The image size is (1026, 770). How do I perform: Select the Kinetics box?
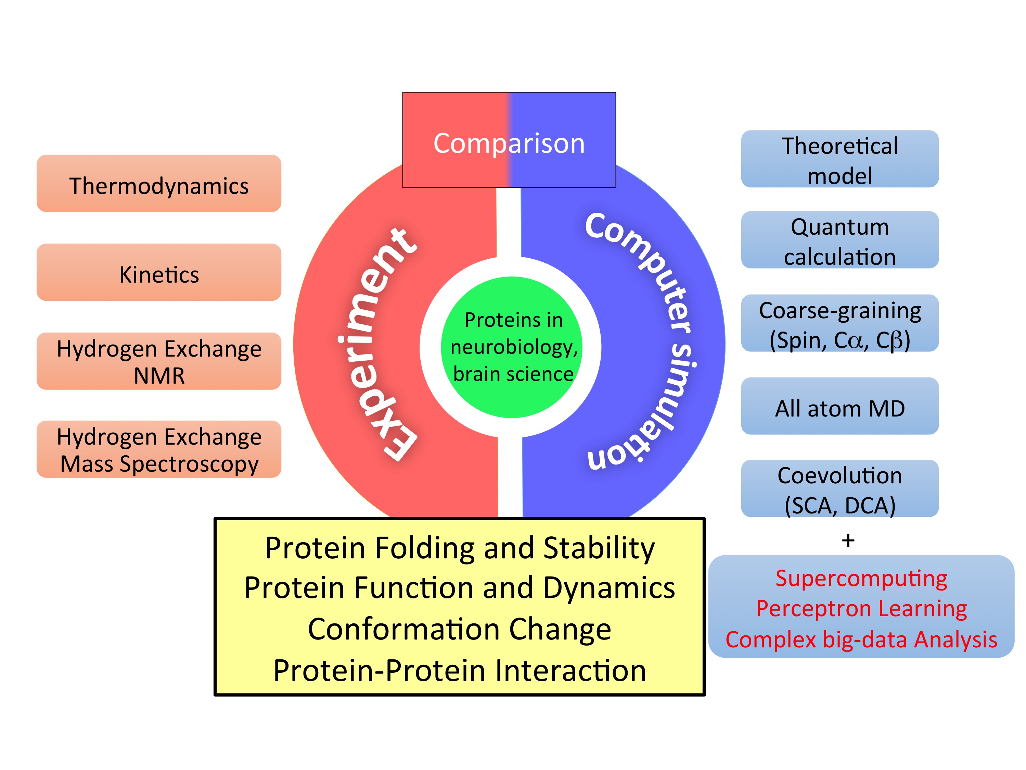pos(159,272)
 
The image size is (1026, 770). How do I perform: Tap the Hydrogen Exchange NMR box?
pos(159,361)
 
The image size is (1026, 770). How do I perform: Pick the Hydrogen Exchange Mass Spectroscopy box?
pos(159,449)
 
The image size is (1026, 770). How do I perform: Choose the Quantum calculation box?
pos(839,240)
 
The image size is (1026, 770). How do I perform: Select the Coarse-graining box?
pos(839,323)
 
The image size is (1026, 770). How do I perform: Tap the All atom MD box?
pos(839,407)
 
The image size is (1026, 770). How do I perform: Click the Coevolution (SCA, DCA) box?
pos(839,489)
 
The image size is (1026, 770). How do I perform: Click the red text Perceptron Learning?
pos(861,608)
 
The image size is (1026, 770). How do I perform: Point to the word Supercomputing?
pos(861,578)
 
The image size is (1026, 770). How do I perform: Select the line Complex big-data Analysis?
pos(861,639)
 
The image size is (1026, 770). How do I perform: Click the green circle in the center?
pos(512,347)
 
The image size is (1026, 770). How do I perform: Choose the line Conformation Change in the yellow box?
pos(459,629)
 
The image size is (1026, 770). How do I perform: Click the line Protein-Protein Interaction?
pos(459,671)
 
